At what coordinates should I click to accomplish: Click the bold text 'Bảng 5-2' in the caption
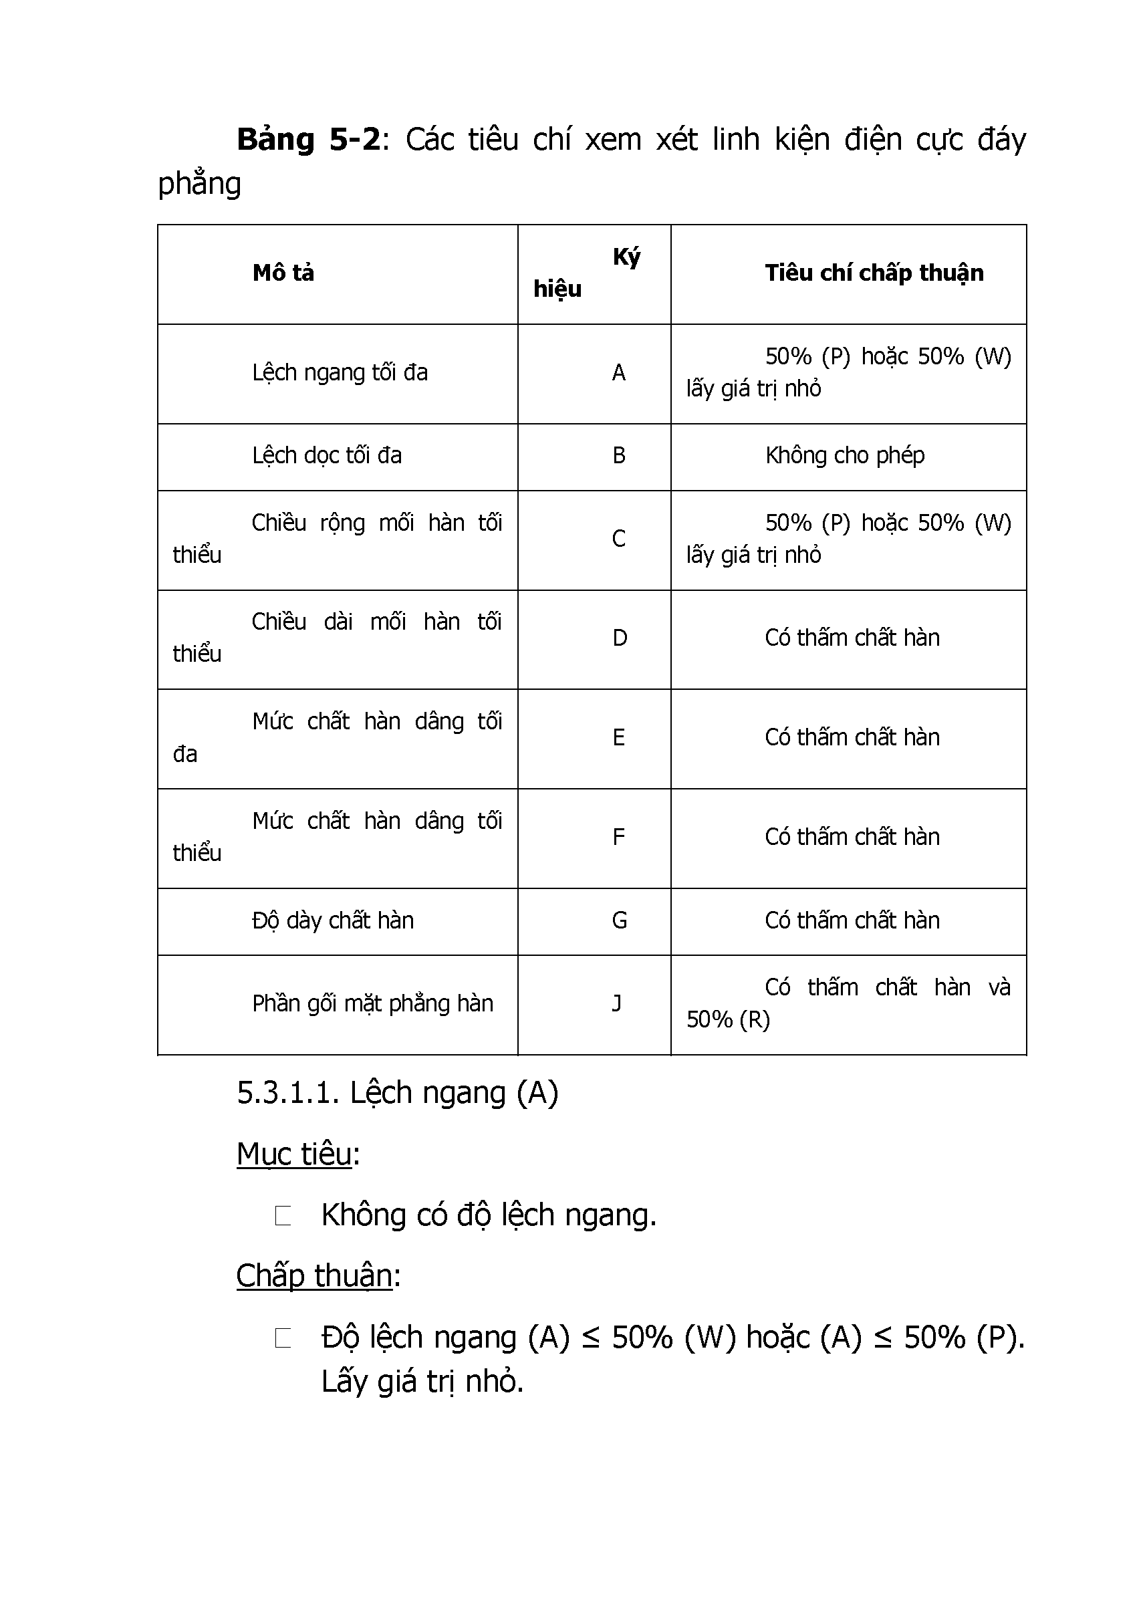click(x=308, y=140)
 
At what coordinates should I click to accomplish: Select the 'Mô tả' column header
click(x=283, y=273)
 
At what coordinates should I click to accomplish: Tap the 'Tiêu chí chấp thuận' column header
click(x=874, y=273)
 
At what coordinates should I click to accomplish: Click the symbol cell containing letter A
click(x=618, y=372)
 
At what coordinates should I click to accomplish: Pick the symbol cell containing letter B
click(x=618, y=455)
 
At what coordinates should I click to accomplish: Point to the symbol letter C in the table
click(x=618, y=539)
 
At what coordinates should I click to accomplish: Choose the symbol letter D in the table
click(x=619, y=638)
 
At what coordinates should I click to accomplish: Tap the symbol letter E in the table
click(x=618, y=737)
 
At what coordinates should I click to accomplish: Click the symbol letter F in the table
click(x=618, y=837)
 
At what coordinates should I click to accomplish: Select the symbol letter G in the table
click(x=619, y=920)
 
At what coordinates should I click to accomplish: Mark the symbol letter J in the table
click(x=617, y=1003)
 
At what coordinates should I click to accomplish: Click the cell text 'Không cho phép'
click(x=845, y=455)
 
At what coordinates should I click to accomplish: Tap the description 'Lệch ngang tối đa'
click(x=340, y=372)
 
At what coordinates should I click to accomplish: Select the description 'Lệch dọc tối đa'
click(x=326, y=455)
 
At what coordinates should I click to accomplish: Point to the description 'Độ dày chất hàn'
click(x=332, y=920)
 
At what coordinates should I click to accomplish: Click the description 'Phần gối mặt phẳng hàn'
click(x=372, y=1003)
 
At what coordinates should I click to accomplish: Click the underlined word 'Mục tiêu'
click(x=294, y=1154)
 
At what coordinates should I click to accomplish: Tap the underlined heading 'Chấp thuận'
click(x=313, y=1275)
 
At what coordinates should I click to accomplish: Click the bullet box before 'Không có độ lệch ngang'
click(x=283, y=1216)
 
